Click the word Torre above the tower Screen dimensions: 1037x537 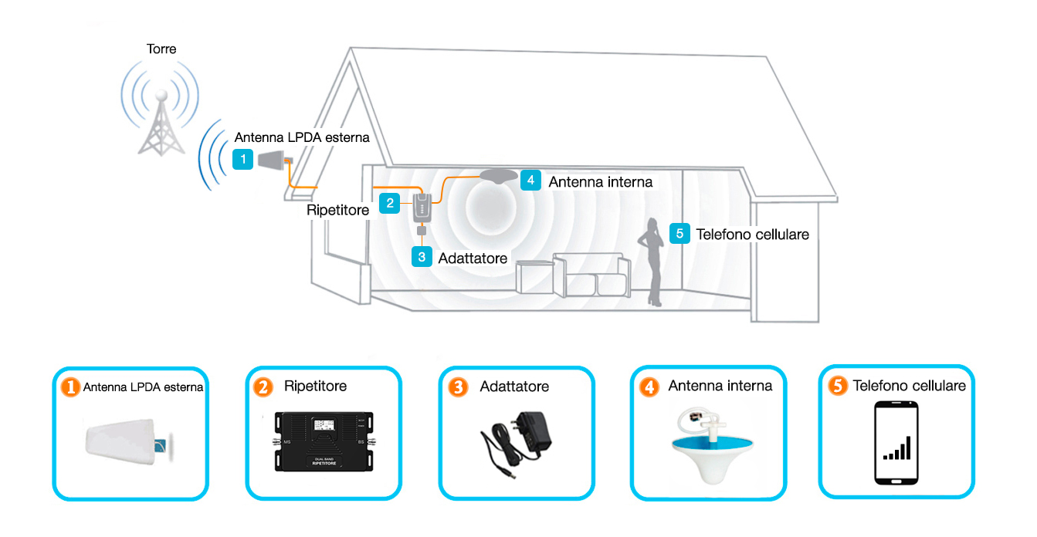(x=161, y=49)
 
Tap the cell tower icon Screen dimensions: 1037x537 (x=161, y=123)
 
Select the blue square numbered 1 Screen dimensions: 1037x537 (x=242, y=160)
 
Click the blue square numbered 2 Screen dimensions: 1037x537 (x=390, y=203)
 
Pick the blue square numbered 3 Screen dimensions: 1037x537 (x=422, y=257)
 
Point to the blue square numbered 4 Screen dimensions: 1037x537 (x=530, y=181)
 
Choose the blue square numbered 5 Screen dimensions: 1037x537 (x=679, y=234)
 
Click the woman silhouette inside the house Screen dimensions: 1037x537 (x=652, y=262)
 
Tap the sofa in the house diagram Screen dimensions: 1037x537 (x=591, y=275)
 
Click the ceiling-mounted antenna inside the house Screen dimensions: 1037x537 (x=498, y=176)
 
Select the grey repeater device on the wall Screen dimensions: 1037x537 (x=422, y=208)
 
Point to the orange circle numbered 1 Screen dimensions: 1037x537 (x=71, y=387)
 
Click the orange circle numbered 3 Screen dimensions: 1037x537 (x=458, y=387)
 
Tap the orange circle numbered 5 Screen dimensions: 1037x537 (x=838, y=385)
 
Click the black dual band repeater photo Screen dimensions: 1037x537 (x=324, y=442)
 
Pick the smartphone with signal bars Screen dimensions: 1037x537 (x=896, y=443)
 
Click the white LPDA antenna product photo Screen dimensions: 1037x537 (x=129, y=442)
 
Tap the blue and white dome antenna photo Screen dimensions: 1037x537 (x=712, y=446)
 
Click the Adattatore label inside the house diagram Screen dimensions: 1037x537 (x=473, y=258)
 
